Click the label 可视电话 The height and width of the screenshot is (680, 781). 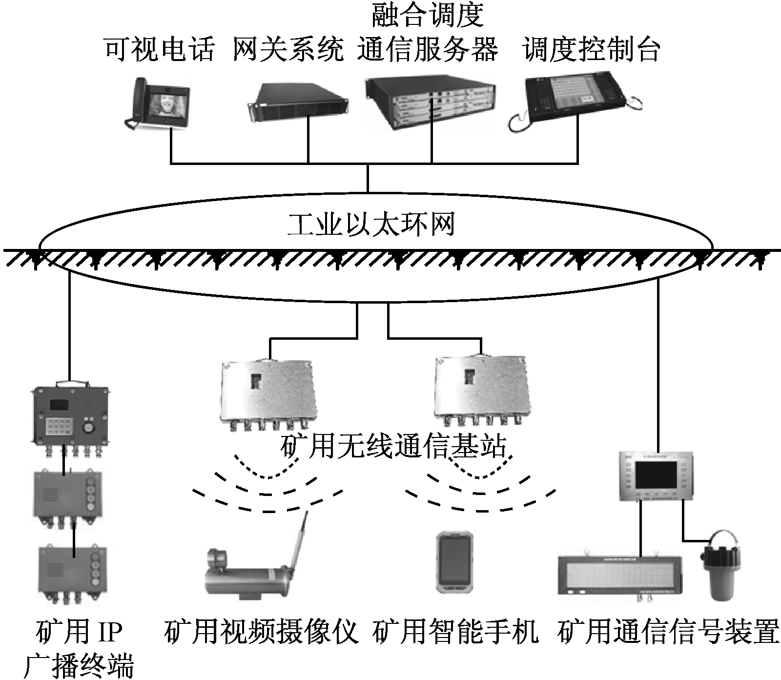coord(160,50)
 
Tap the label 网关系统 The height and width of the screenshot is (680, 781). coord(288,50)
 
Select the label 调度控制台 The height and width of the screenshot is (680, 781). coord(592,50)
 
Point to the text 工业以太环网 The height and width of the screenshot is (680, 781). coord(371,226)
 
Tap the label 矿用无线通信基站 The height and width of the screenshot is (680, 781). coord(393,446)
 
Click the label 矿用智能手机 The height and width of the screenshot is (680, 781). coord(455,632)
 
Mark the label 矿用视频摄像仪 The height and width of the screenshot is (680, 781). coord(262,632)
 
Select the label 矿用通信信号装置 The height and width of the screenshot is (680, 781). coord(667,632)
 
